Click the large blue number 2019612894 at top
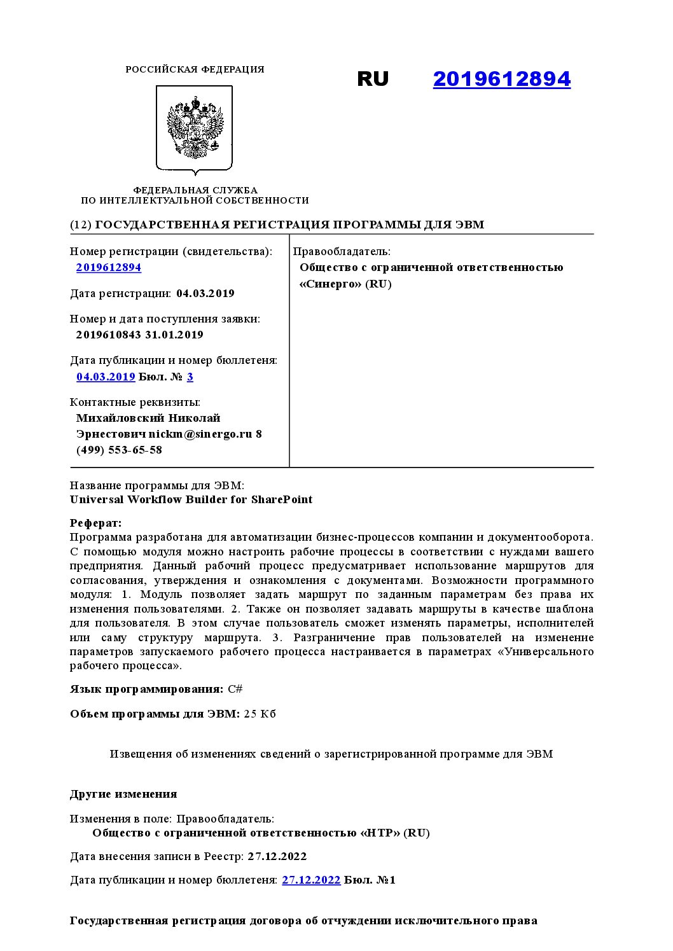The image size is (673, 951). click(501, 79)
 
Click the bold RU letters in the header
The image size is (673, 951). click(373, 79)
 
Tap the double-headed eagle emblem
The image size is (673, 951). click(195, 128)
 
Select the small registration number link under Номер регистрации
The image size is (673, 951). click(109, 268)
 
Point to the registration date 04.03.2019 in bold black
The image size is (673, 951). click(205, 294)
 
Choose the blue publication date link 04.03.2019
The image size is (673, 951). click(106, 377)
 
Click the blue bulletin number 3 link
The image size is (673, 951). click(190, 377)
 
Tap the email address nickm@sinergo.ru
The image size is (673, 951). click(200, 434)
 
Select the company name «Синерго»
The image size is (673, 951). click(330, 284)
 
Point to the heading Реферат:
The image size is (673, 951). click(95, 524)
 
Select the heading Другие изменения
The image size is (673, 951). click(123, 795)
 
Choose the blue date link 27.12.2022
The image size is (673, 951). click(311, 880)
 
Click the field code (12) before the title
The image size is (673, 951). click(81, 225)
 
